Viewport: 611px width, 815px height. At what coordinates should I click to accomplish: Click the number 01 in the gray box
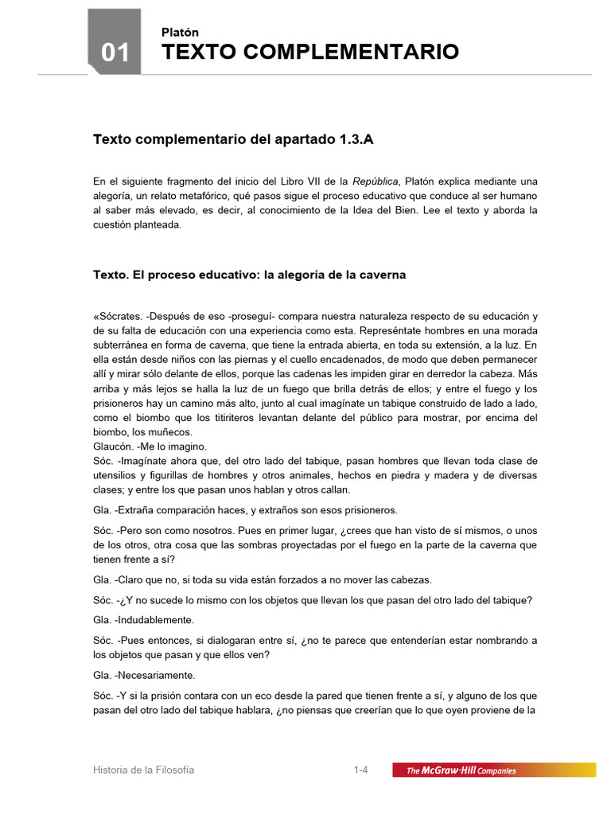tap(115, 53)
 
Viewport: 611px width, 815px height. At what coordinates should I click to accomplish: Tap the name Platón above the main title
tap(180, 33)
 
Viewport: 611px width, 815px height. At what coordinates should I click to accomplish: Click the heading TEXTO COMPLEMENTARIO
tap(309, 53)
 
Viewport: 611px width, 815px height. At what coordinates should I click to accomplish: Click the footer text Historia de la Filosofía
tap(144, 770)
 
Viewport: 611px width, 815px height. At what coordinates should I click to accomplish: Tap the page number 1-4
tap(361, 770)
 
